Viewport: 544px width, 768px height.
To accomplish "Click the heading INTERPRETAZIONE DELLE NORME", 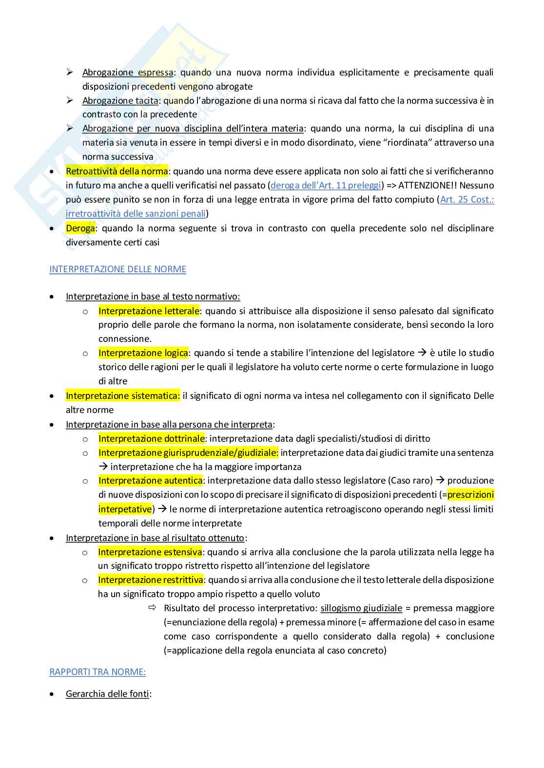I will click(x=117, y=269).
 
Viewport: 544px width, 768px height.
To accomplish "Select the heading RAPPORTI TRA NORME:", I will click(x=97, y=672).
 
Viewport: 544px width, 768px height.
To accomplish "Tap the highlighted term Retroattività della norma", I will click(x=117, y=171).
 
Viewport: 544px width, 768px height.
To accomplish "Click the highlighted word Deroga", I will click(x=80, y=228).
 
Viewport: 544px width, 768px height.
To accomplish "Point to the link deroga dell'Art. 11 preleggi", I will click(x=326, y=186).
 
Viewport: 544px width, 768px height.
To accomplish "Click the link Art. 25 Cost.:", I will click(x=467, y=200).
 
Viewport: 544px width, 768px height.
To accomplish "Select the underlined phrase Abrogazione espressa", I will click(x=128, y=73).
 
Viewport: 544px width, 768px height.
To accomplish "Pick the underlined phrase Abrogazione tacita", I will click(x=120, y=101).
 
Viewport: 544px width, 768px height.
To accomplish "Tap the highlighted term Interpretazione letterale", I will click(x=149, y=311).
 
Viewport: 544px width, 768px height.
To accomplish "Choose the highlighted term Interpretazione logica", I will click(x=143, y=353).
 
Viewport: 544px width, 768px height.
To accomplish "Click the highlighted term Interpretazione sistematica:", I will click(x=123, y=396).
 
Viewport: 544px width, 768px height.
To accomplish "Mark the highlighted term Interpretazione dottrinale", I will click(x=152, y=439).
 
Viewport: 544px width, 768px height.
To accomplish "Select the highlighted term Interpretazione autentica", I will click(x=150, y=481).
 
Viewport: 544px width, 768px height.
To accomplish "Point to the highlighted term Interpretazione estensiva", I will click(x=150, y=552).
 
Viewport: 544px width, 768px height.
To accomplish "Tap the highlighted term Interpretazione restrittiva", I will click(x=151, y=580).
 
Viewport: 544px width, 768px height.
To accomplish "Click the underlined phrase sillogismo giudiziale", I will click(x=361, y=608).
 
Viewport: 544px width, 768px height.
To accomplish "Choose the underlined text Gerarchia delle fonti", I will click(x=107, y=694).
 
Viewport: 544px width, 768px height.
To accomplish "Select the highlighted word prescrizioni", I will click(x=470, y=495).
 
